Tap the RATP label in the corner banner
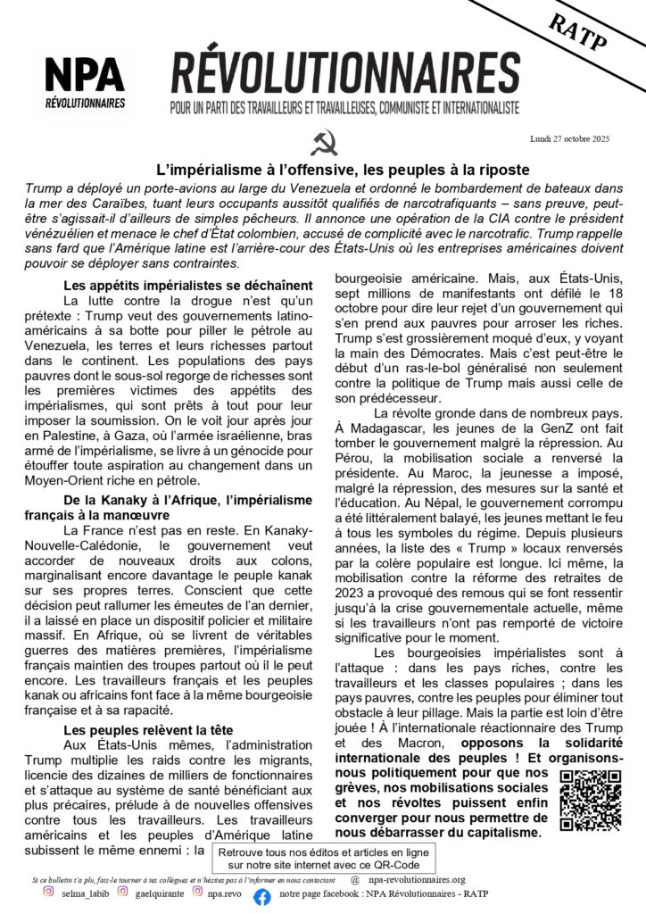pyautogui.click(x=580, y=37)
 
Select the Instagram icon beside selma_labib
pyautogui.click(x=49, y=891)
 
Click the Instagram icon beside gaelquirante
pyautogui.click(x=122, y=891)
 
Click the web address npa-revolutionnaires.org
pyautogui.click(x=414, y=879)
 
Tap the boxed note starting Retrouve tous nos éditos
pyautogui.click(x=323, y=859)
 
